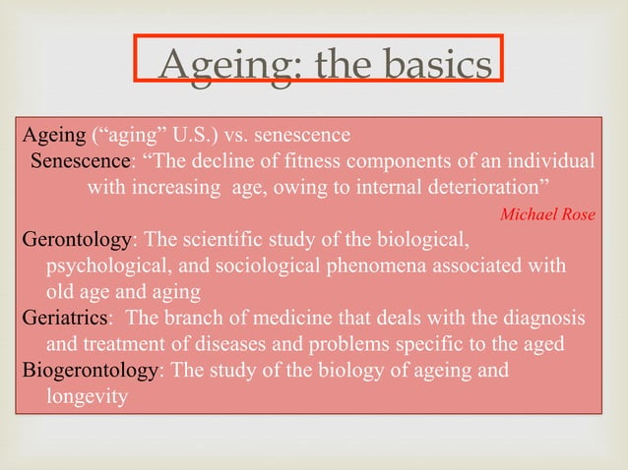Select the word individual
(547, 160)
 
